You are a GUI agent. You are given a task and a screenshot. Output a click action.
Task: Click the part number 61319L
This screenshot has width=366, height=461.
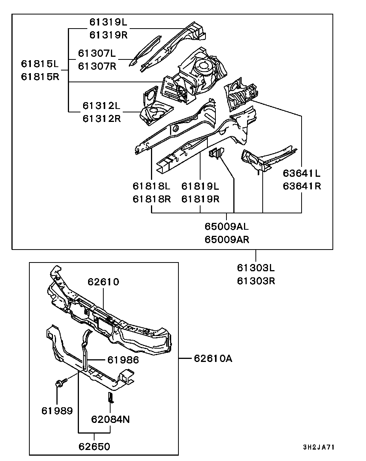tap(108, 22)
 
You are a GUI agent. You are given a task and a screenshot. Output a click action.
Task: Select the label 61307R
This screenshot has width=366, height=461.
tap(97, 66)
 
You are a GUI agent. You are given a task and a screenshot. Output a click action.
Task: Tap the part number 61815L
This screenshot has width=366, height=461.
tap(40, 63)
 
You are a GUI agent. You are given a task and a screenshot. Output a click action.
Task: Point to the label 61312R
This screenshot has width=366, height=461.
tap(101, 118)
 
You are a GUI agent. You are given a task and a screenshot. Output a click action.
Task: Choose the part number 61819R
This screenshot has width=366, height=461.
tap(200, 199)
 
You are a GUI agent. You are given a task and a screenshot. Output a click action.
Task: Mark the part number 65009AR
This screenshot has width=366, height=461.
tap(227, 239)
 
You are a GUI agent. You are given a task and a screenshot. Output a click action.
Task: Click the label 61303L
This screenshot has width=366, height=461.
tap(256, 268)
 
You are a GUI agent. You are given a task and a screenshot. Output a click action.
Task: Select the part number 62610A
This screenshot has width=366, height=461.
tap(213, 358)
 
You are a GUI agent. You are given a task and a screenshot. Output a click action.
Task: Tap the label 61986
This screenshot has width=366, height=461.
tap(123, 360)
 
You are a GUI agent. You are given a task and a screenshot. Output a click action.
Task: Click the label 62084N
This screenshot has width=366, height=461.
tap(111, 419)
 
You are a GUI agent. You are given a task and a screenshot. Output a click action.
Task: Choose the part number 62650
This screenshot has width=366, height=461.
tap(94, 446)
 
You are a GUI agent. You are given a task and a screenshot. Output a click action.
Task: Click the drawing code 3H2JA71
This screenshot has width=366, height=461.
tap(319, 447)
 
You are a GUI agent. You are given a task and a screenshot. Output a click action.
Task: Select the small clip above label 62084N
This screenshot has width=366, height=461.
tap(111, 397)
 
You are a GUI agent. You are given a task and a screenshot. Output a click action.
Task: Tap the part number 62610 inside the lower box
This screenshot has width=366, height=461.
tap(103, 282)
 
